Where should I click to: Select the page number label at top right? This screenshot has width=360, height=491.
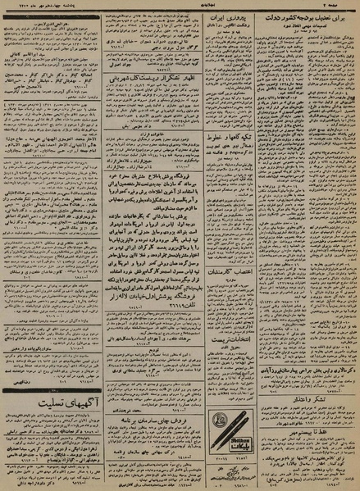[x=344, y=5]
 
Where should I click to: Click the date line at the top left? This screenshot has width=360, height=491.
[x=33, y=5]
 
